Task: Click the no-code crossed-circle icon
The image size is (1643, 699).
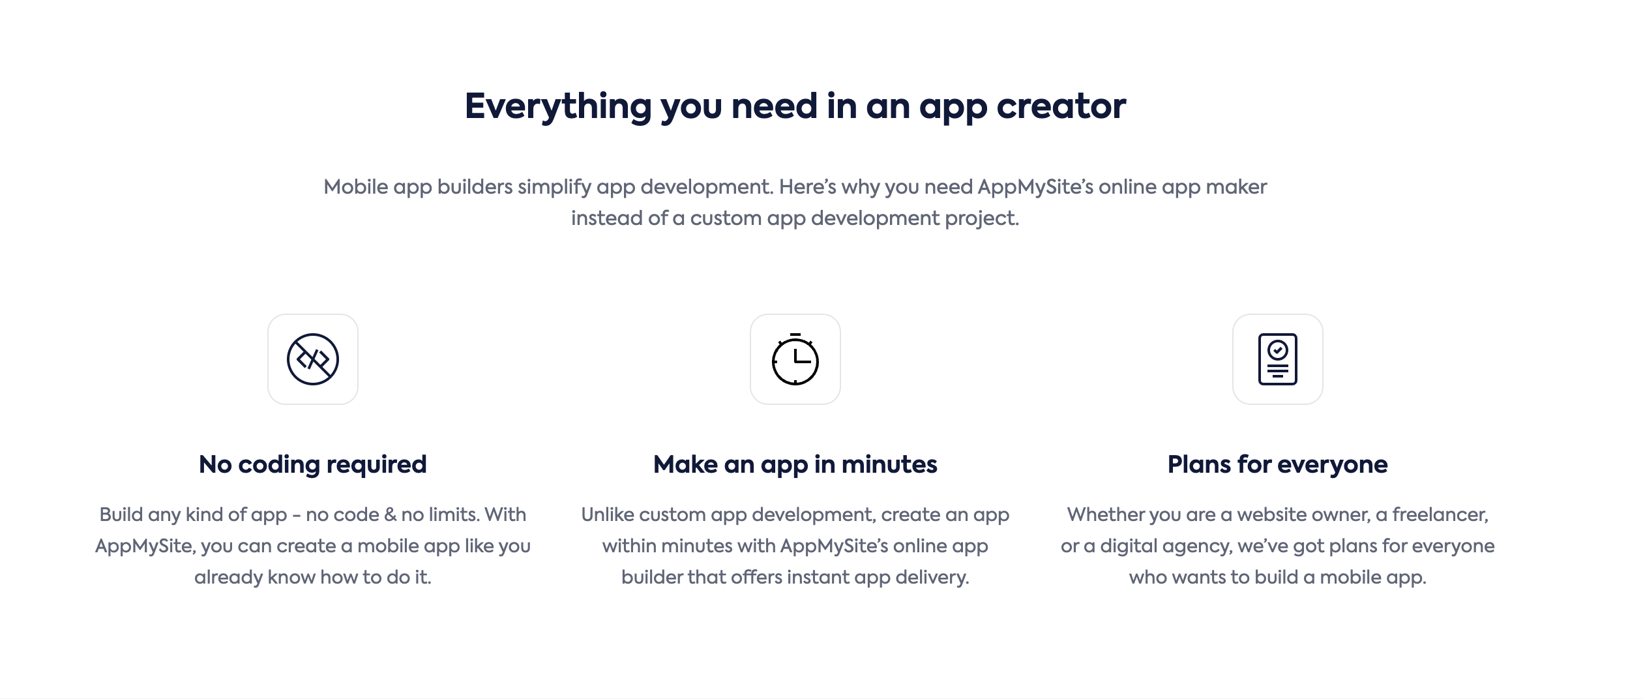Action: pyautogui.click(x=313, y=359)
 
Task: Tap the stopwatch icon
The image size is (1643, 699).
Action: pyautogui.click(x=795, y=359)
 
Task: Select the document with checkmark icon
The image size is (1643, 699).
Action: pyautogui.click(x=1278, y=359)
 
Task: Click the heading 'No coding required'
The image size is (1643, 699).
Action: pyautogui.click(x=313, y=465)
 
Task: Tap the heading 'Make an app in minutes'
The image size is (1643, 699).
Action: pyautogui.click(x=795, y=465)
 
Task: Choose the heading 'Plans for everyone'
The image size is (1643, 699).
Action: pyautogui.click(x=1278, y=465)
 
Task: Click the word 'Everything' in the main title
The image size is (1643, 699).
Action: pyautogui.click(x=558, y=107)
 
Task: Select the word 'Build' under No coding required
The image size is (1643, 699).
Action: pyautogui.click(x=121, y=515)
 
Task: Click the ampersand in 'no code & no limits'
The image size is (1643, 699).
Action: pyautogui.click(x=390, y=515)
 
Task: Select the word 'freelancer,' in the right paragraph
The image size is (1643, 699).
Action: pyautogui.click(x=1441, y=515)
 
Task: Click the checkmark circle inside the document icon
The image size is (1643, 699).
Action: pyautogui.click(x=1278, y=350)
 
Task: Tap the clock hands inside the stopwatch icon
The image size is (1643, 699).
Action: pyautogui.click(x=801, y=356)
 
